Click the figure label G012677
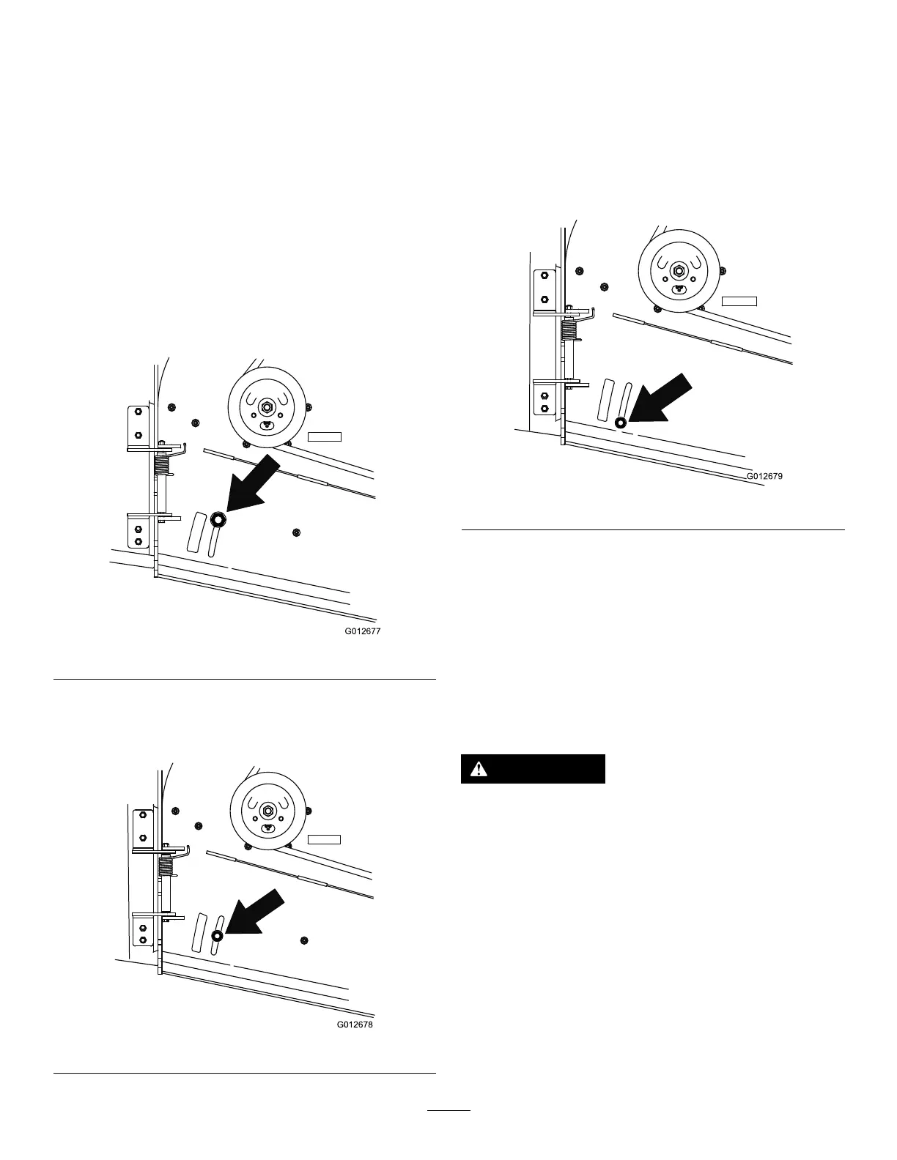click(x=363, y=631)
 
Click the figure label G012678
click(x=355, y=1025)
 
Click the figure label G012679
click(x=765, y=476)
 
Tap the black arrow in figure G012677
click(x=254, y=483)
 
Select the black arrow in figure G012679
click(x=661, y=400)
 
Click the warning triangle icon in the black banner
click(x=479, y=768)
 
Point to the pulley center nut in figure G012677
click(x=266, y=406)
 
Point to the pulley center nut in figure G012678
click(x=267, y=811)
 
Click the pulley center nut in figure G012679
click(x=679, y=271)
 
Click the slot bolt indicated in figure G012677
click(x=218, y=519)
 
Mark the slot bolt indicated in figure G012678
click(x=217, y=936)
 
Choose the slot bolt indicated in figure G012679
click(x=620, y=423)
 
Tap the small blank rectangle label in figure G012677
click(x=324, y=437)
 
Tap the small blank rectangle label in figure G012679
click(x=738, y=300)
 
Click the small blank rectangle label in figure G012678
click(x=324, y=839)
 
